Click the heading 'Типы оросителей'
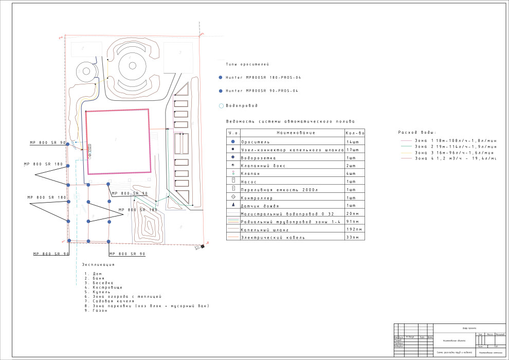(x=247, y=64)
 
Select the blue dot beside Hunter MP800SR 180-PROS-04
(x=221, y=77)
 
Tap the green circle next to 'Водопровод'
(x=221, y=105)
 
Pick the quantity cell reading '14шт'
(x=352, y=141)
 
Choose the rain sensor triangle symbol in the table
(x=233, y=205)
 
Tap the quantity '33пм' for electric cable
(x=353, y=238)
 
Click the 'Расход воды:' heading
(x=417, y=133)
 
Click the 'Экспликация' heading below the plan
(x=98, y=264)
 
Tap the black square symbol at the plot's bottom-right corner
(x=203, y=246)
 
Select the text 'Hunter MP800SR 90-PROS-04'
(x=262, y=91)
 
